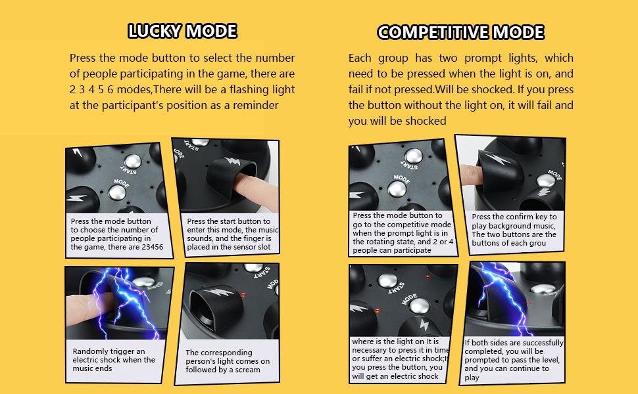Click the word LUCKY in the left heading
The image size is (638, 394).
click(x=156, y=31)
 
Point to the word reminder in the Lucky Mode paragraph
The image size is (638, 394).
click(x=255, y=105)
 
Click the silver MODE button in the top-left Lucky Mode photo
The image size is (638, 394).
click(x=118, y=191)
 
